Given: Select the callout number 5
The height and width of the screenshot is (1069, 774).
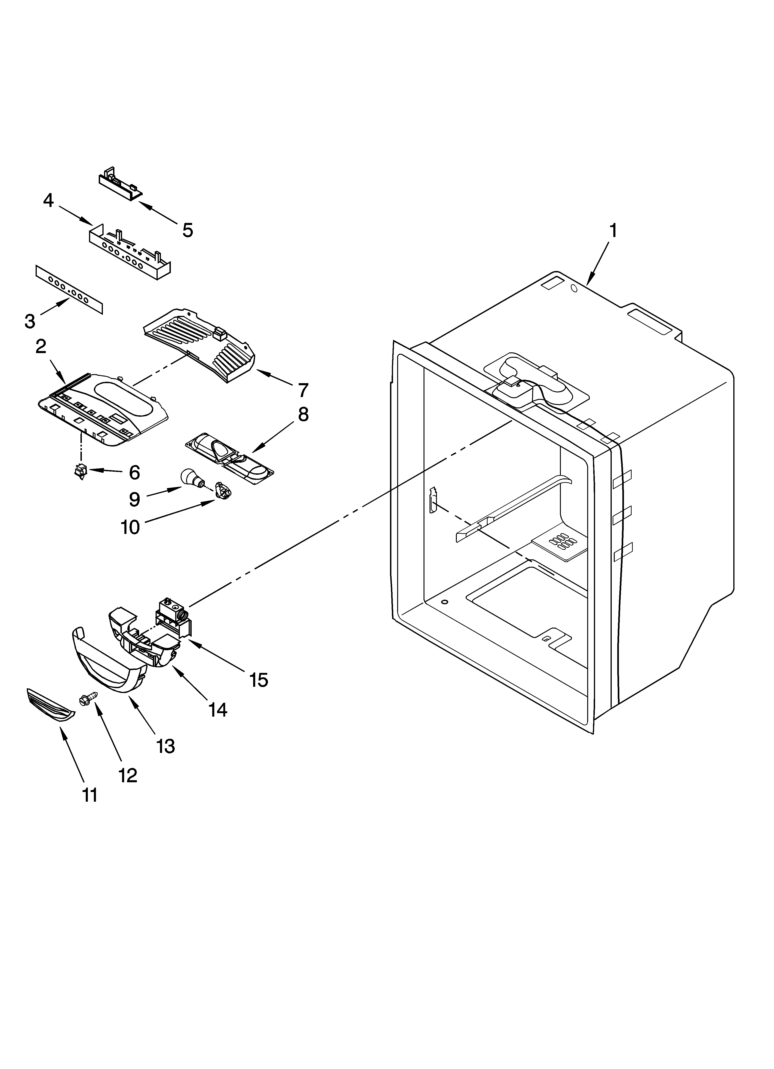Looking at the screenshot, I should tap(188, 231).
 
